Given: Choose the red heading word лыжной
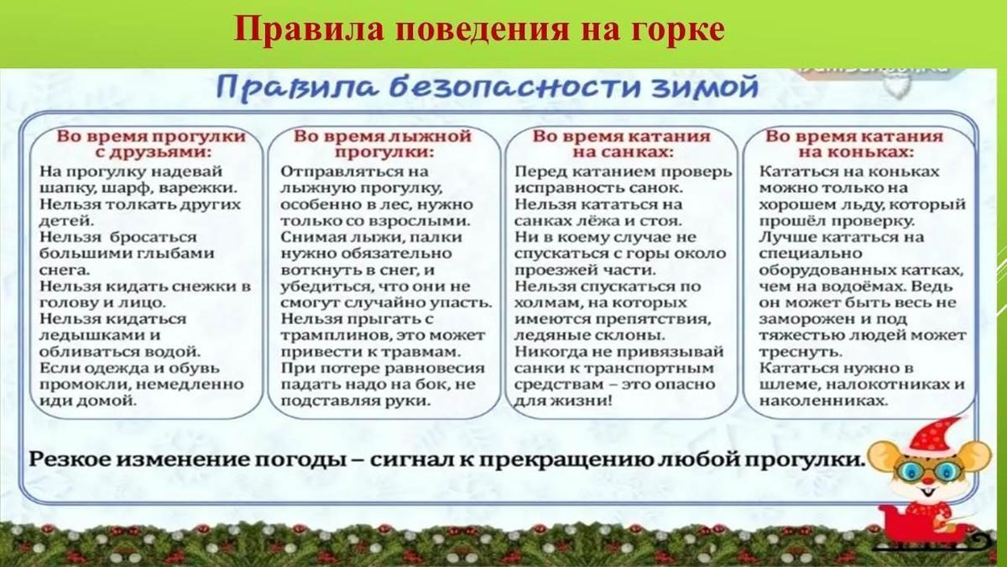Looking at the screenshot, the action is tap(435, 135).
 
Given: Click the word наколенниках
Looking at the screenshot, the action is tap(823, 401).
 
